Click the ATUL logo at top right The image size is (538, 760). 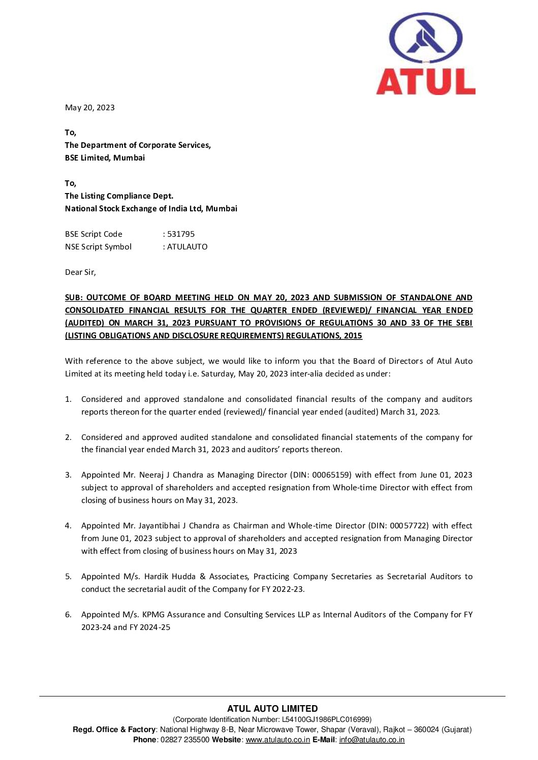(x=426, y=54)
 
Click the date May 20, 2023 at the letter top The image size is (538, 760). (x=90, y=108)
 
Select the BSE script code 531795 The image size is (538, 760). (x=181, y=234)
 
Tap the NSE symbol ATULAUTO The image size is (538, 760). (x=187, y=247)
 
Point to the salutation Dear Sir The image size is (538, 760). (x=80, y=272)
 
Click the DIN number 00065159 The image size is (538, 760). (x=331, y=475)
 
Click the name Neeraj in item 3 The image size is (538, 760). (x=151, y=475)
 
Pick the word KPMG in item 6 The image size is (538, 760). (x=153, y=615)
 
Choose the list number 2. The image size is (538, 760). (x=68, y=437)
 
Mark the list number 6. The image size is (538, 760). (x=68, y=615)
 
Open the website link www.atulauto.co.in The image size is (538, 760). (x=277, y=740)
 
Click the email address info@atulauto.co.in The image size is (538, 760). (x=371, y=740)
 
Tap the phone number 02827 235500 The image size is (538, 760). (x=184, y=740)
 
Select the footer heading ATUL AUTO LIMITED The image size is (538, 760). (x=272, y=709)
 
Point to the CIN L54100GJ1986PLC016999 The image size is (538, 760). (x=325, y=719)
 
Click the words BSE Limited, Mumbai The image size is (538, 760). (x=105, y=158)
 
